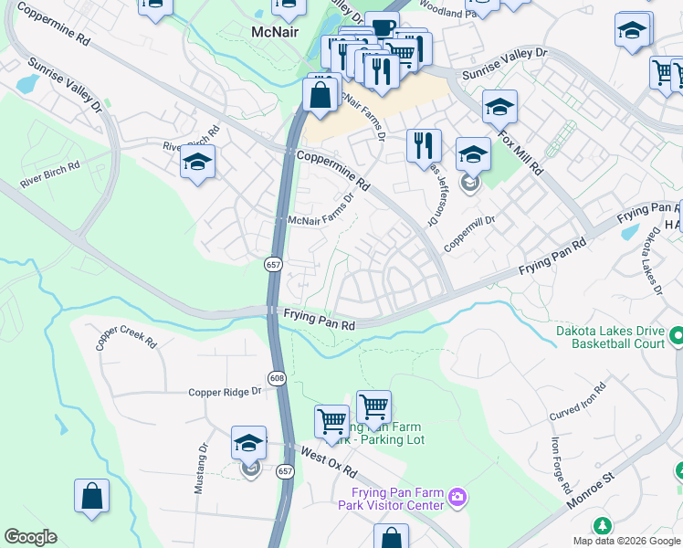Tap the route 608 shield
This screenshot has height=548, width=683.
tap(278, 377)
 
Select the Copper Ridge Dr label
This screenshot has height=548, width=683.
tap(225, 392)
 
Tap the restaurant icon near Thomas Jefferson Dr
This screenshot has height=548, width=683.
tap(424, 144)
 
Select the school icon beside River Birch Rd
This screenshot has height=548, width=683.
tap(196, 162)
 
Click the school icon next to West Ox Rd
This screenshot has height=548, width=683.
tap(249, 442)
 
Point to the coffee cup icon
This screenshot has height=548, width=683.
tap(381, 26)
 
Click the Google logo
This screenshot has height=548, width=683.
tap(30, 537)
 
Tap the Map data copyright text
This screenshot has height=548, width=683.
tap(626, 541)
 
